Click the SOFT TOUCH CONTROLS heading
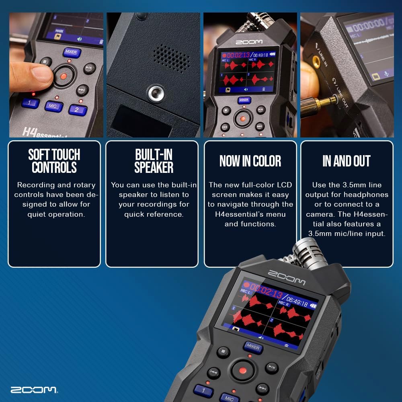[x=54, y=161]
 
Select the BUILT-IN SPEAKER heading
[x=154, y=161]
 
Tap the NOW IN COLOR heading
[x=250, y=161]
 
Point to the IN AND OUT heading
[x=346, y=161]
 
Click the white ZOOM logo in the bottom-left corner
[x=33, y=390]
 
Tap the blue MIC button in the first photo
[x=53, y=106]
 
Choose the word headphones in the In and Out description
[x=369, y=195]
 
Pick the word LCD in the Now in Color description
[x=284, y=185]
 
